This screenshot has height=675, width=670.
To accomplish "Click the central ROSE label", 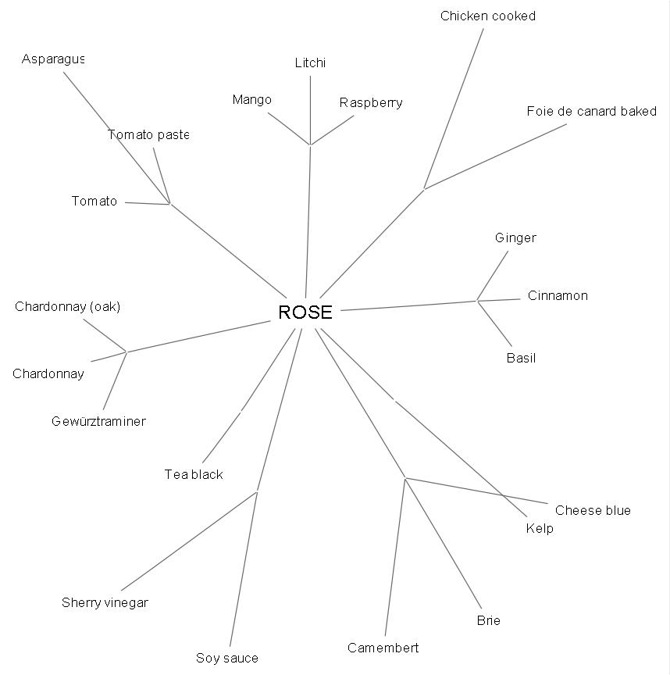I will pos(305,312).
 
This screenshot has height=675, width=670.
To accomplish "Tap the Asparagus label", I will pos(53,59).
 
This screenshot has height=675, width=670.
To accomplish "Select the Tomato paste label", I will pos(148,135).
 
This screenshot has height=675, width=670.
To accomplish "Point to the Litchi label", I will pos(310,63).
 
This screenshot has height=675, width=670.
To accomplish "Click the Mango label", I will pos(252,100).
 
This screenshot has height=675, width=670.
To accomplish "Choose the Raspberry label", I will pos(371,103).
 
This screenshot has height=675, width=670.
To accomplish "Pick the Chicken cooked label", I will pos(488,16).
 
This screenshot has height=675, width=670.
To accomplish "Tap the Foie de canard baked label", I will pos(592,112).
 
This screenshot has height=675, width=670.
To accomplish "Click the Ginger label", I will pos(515,238).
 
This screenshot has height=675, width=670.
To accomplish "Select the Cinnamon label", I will pos(558,296).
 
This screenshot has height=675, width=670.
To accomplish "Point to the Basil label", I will pos(521,359).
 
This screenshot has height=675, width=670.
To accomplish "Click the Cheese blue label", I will pos(593,511).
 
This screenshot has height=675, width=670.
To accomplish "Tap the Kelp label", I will pos(540,529).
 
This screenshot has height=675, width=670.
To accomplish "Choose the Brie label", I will pos(488,621).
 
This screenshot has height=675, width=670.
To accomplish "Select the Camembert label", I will pos(383,648).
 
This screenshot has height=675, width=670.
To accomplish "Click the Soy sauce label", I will pos(227,659).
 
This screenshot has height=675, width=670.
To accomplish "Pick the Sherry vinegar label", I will pos(105,603).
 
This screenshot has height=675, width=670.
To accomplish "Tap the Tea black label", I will pos(194,475).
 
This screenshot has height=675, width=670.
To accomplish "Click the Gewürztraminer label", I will pos(98,422).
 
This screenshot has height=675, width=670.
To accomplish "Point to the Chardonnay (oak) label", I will pos(67,307).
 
